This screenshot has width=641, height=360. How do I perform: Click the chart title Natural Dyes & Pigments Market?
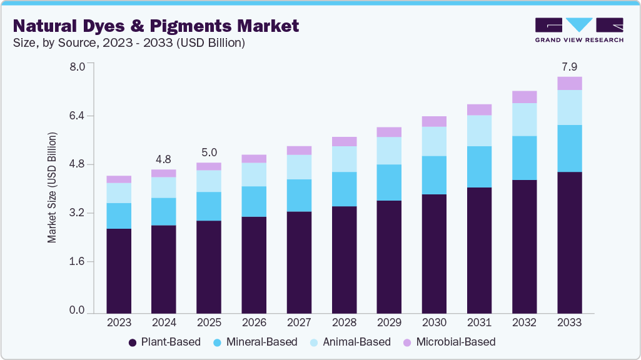tap(156, 26)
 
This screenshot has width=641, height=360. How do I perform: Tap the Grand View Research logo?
tap(578, 29)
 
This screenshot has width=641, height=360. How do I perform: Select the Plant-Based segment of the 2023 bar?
tap(119, 271)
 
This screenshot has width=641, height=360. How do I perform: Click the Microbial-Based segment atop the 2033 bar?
tap(569, 83)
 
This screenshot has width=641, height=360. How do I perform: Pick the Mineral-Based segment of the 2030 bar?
tap(434, 175)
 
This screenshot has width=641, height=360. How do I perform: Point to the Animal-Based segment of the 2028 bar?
tap(344, 159)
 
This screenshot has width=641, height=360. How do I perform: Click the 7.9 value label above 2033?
tap(569, 66)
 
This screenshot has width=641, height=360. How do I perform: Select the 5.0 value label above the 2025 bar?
tap(209, 152)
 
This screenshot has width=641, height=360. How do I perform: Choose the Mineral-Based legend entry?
tap(254, 342)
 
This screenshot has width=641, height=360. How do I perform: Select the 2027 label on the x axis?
tap(299, 322)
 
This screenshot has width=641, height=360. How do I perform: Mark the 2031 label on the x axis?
tap(479, 322)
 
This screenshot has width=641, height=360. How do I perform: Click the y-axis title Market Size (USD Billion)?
tap(53, 187)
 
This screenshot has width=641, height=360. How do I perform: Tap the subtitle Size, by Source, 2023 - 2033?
tap(129, 43)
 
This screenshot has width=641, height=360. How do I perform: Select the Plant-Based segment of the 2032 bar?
tap(524, 246)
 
